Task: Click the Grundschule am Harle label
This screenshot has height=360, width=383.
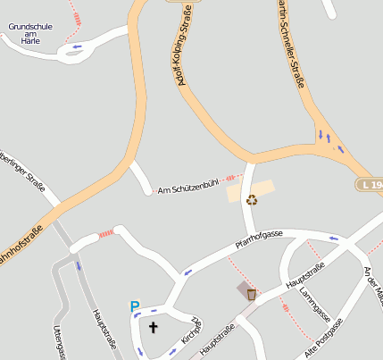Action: click(x=30, y=33)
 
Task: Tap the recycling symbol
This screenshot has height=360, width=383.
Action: click(x=252, y=200)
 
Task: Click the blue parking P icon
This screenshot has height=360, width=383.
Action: click(x=135, y=307)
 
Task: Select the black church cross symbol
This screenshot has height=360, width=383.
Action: click(x=153, y=328)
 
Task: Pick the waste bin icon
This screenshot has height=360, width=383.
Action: click(x=252, y=293)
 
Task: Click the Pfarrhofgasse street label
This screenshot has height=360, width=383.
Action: click(x=258, y=239)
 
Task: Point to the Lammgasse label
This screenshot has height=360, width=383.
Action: click(x=315, y=305)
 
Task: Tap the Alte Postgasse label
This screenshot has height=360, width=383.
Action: click(x=323, y=341)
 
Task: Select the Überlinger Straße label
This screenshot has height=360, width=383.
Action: click(x=21, y=171)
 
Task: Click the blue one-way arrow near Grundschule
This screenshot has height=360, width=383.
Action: click(x=76, y=46)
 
